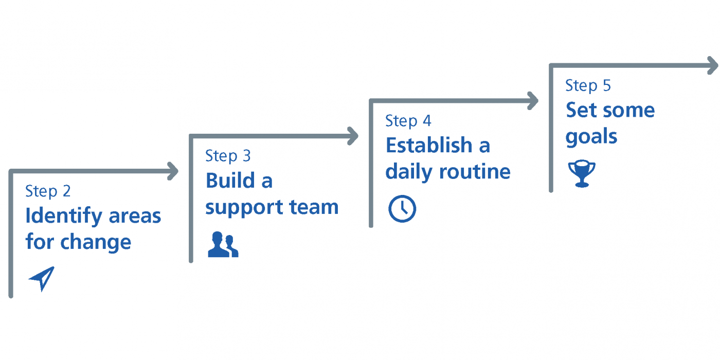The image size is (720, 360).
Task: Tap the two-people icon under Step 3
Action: (x=223, y=244)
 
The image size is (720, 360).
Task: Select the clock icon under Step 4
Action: (x=402, y=209)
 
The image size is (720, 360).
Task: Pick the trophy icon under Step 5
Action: (x=582, y=174)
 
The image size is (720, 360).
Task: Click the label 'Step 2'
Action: (x=48, y=191)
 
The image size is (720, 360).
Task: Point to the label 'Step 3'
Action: (x=228, y=156)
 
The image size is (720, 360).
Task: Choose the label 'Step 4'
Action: (x=408, y=121)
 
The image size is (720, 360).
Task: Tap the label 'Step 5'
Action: (x=588, y=86)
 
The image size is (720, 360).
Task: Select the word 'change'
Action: (x=96, y=243)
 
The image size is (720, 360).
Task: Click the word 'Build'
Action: (x=230, y=181)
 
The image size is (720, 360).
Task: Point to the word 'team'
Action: (x=314, y=207)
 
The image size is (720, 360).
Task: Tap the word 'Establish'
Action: (x=429, y=145)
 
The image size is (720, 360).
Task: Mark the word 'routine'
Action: (x=475, y=172)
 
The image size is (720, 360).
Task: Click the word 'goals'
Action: (x=591, y=137)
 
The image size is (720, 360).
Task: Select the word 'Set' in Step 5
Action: (x=582, y=110)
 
